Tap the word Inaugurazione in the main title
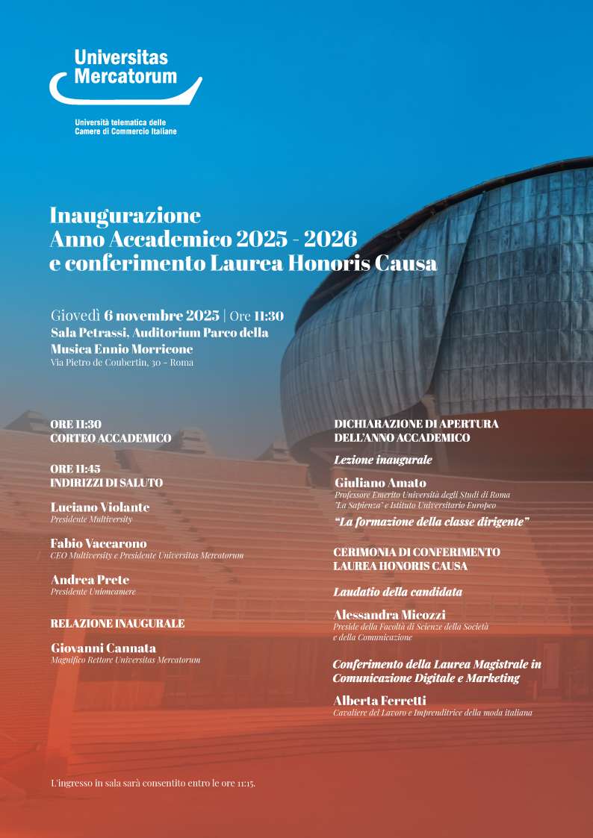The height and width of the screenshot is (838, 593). point(125,216)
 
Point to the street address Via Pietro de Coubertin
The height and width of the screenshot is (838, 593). point(122,363)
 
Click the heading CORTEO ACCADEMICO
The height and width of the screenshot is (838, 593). point(111,438)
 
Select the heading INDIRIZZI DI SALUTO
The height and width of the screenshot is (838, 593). point(106,483)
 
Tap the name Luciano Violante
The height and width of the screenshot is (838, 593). point(100,507)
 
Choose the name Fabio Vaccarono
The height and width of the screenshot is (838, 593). point(99,543)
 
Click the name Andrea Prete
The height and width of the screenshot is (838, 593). point(90,580)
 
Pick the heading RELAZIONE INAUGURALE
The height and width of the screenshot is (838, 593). point(117,623)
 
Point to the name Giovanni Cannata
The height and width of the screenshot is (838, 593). point(103,648)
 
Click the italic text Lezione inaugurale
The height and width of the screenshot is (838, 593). point(382,460)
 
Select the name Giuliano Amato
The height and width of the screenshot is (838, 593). point(380,483)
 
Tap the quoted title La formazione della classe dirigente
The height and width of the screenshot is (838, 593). point(432,522)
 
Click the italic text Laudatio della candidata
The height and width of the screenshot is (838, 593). point(397,592)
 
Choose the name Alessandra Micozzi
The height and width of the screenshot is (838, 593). point(389,615)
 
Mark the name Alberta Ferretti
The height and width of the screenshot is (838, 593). point(380,701)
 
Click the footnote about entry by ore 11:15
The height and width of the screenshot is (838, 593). point(153,784)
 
